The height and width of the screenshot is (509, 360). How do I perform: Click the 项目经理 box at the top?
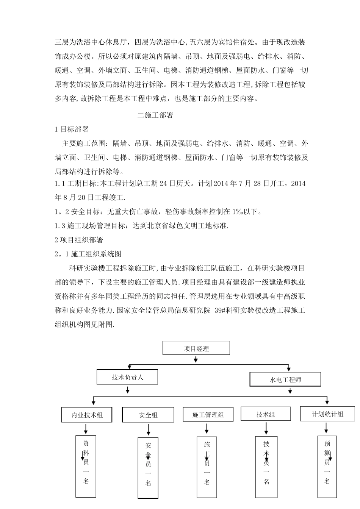click(x=196, y=348)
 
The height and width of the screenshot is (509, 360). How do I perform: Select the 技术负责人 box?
click(x=127, y=377)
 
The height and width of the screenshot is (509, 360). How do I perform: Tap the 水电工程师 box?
click(x=285, y=379)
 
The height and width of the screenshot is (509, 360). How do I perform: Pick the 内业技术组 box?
click(x=87, y=415)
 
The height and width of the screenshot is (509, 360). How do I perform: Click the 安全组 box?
click(x=148, y=415)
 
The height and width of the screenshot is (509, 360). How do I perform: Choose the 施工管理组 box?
click(x=208, y=414)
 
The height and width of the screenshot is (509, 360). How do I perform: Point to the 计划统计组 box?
click(x=327, y=414)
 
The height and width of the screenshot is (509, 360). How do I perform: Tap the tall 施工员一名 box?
click(x=207, y=467)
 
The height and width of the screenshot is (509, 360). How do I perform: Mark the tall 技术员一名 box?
click(x=266, y=467)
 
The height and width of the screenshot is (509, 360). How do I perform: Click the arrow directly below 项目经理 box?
click(x=196, y=359)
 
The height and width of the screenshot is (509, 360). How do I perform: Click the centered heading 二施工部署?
click(x=155, y=115)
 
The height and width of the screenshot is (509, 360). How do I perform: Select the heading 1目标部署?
click(x=72, y=129)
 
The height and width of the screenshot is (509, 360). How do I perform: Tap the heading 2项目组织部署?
click(x=79, y=240)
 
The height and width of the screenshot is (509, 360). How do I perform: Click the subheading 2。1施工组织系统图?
click(x=88, y=254)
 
